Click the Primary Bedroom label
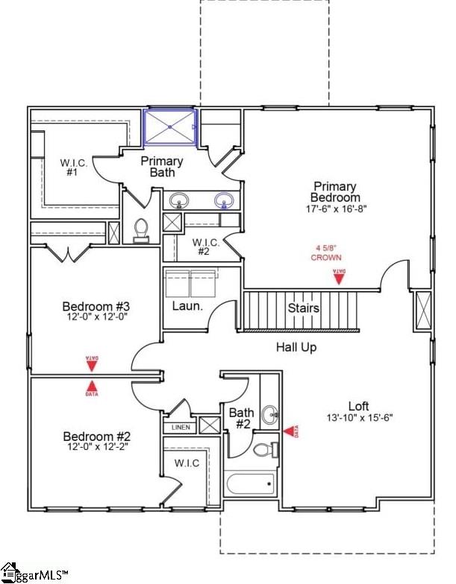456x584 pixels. click(335, 191)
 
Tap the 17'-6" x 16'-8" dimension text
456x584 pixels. click(335, 209)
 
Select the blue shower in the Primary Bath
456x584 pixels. click(170, 127)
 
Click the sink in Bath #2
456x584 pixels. click(269, 413)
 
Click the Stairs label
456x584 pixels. click(304, 308)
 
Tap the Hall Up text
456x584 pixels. click(296, 346)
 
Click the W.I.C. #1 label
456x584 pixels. click(74, 167)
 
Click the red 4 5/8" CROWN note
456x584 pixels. click(326, 253)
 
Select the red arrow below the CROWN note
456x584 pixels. click(338, 277)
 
